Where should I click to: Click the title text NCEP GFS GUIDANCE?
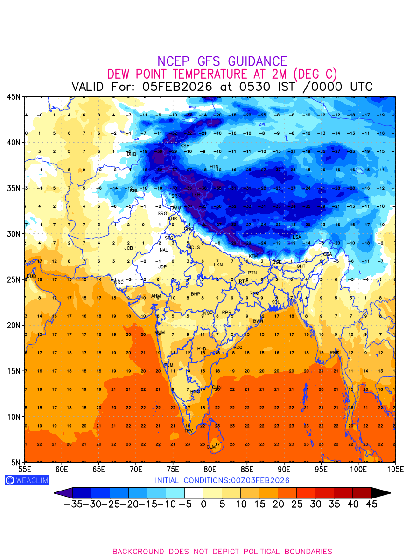tap(222, 61)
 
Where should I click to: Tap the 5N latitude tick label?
tap(15, 462)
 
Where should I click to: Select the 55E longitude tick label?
tap(24, 469)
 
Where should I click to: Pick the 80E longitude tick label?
tap(210, 469)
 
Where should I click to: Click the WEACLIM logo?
tap(27, 480)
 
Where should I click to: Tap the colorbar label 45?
tap(371, 504)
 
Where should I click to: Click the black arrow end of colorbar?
tap(380, 492)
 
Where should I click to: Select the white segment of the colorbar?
tap(194, 492)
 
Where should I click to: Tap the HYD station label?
tap(202, 349)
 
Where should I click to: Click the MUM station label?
tap(160, 333)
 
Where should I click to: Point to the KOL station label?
tap(275, 302)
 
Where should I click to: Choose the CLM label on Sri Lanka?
tap(211, 447)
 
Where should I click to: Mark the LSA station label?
tap(297, 237)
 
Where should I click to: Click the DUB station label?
tap(31, 276)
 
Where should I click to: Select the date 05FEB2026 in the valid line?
tap(177, 87)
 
